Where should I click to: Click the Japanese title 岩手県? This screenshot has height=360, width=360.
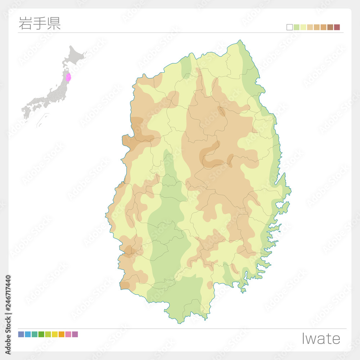pos(40,23)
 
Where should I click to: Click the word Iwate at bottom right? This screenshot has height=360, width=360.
pos(321,339)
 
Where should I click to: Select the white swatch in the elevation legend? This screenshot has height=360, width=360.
pos(289,27)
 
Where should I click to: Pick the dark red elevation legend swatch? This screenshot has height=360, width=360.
pos(337,27)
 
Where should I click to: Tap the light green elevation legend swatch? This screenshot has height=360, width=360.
pos(296,27)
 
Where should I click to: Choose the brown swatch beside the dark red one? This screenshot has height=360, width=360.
pos(330,27)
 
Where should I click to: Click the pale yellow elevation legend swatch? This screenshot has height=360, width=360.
pos(303,27)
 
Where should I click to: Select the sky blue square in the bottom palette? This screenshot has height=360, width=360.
pos(28,334)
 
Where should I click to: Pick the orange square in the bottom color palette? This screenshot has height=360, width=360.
pos(61,334)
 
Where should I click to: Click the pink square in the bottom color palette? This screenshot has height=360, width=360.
pos(68,334)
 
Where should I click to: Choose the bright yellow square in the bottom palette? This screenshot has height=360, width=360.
pos(55,334)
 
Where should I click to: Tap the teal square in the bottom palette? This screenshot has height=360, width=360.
pos(35,334)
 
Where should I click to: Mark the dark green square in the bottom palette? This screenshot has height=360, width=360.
pos(41,334)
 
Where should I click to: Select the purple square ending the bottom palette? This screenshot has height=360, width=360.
pos(75,334)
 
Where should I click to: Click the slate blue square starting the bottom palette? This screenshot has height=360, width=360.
pos(21,334)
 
